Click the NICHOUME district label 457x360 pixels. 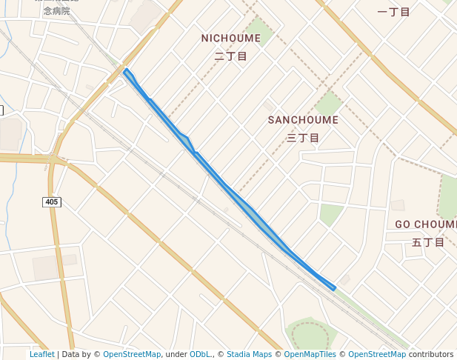(x=230, y=38)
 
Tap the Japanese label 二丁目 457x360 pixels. (x=230, y=56)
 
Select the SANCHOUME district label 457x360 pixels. (x=303, y=120)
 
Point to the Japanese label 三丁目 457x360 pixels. (x=303, y=138)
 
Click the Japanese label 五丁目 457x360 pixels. (x=427, y=242)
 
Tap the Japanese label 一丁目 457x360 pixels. (x=393, y=12)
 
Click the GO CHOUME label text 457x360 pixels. (x=426, y=224)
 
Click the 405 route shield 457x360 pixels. (x=52, y=201)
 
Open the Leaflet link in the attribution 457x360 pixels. (x=42, y=355)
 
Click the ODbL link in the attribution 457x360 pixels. (x=200, y=355)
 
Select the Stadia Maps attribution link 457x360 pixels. (x=249, y=355)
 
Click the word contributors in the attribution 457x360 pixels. (x=431, y=355)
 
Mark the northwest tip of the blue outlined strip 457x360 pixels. (x=126, y=70)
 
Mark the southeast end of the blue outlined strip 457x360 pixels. (x=334, y=287)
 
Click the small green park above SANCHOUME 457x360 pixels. (x=328, y=103)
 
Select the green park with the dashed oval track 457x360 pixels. (x=309, y=334)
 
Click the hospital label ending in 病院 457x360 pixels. (x=56, y=11)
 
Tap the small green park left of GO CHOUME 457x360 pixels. (x=330, y=214)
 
